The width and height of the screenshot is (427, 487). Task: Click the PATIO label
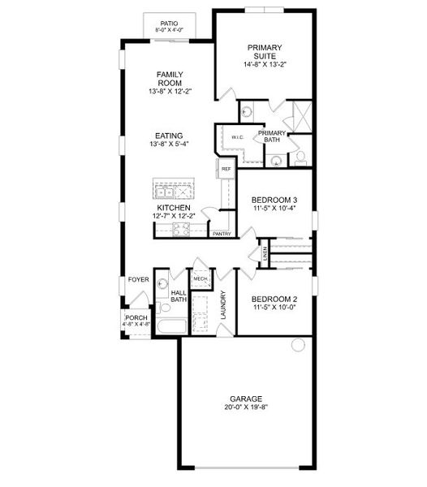pyautogui.click(x=169, y=24)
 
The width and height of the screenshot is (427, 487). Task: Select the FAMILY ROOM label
pyautogui.click(x=169, y=79)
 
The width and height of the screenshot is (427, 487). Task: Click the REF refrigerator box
pyautogui.click(x=226, y=169)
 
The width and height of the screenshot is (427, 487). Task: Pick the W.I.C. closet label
pyautogui.click(x=237, y=137)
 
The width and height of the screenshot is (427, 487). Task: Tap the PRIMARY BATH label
pyautogui.click(x=272, y=137)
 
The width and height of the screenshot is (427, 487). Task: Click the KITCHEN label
pyautogui.click(x=174, y=208)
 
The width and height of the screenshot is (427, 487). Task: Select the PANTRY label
pyautogui.click(x=222, y=234)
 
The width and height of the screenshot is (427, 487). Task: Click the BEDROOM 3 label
pyautogui.click(x=274, y=200)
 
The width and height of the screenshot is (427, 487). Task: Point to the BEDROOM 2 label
pyautogui.click(x=274, y=298)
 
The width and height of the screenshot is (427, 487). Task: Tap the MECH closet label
pyautogui.click(x=201, y=278)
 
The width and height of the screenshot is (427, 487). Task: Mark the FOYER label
pyautogui.click(x=138, y=279)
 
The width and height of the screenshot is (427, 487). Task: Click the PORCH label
pyautogui.click(x=136, y=318)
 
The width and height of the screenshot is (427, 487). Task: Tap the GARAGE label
pyautogui.click(x=245, y=399)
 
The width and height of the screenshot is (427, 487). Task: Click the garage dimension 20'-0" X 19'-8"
pyautogui.click(x=245, y=407)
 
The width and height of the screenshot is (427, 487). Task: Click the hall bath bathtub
pyautogui.click(x=171, y=327)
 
